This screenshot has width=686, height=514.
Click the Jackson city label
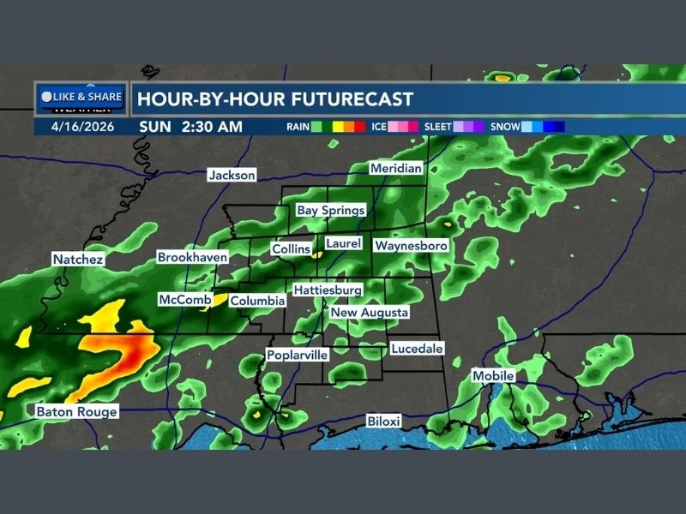tap(232, 175)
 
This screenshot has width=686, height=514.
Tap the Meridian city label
tap(396, 169)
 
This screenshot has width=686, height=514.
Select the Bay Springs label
tap(331, 210)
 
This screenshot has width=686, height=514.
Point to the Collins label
tap(291, 248)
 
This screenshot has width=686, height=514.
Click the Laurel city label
tap(343, 244)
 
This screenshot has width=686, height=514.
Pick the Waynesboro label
tap(412, 246)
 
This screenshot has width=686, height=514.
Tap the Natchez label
tap(78, 259)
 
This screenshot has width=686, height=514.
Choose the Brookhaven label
tap(192, 257)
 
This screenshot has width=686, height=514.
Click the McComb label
tap(179, 300)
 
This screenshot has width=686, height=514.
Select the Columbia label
tap(258, 301)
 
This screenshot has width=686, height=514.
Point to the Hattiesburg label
tap(328, 290)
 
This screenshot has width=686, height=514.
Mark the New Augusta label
tap(370, 313)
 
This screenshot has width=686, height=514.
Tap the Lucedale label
tap(416, 349)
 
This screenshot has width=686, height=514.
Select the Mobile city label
tap(493, 376)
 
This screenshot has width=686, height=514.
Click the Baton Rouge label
tap(76, 412)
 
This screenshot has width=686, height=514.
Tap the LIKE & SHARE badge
tap(82, 97)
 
